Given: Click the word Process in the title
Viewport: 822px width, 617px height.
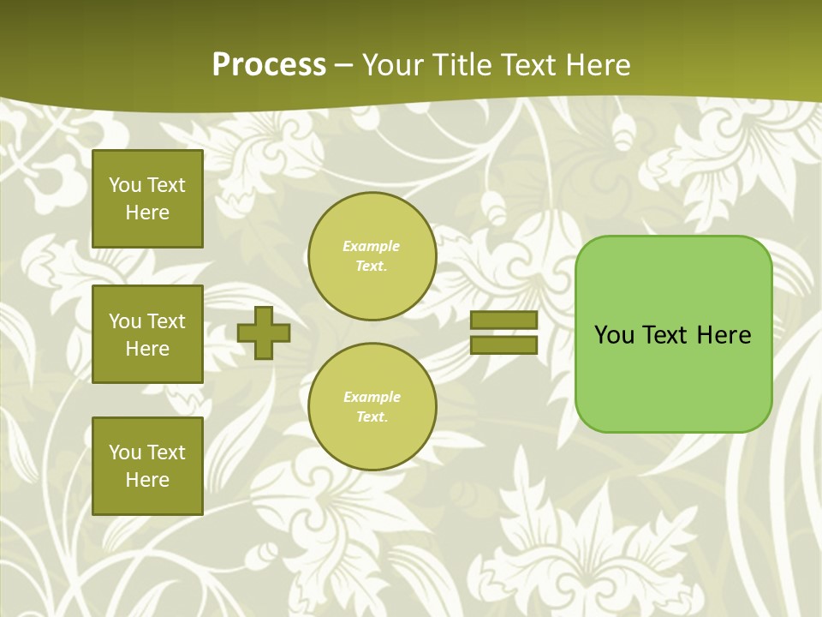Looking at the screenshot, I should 269,65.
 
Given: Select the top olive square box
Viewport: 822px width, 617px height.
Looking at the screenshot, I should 147,199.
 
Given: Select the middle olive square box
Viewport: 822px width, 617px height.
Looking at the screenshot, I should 147,334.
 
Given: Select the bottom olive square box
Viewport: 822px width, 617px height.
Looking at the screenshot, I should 147,465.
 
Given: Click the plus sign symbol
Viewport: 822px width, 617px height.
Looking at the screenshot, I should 264,332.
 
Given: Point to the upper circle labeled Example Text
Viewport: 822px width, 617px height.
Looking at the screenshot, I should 372,256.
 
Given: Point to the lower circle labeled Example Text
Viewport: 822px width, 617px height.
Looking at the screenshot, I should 372,407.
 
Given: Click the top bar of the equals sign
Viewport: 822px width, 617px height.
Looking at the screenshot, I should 503,320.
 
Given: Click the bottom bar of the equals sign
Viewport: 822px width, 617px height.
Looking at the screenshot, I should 503,345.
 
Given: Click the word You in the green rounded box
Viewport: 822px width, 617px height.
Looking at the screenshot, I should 613,335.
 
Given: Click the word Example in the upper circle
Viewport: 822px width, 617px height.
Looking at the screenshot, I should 372,246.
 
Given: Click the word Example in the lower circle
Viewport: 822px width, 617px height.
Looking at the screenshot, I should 372,397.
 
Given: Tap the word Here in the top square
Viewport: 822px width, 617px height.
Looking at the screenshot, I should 147,213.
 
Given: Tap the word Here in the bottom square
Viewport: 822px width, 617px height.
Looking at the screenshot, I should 147,480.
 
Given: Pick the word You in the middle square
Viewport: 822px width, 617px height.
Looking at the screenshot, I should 124,321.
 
